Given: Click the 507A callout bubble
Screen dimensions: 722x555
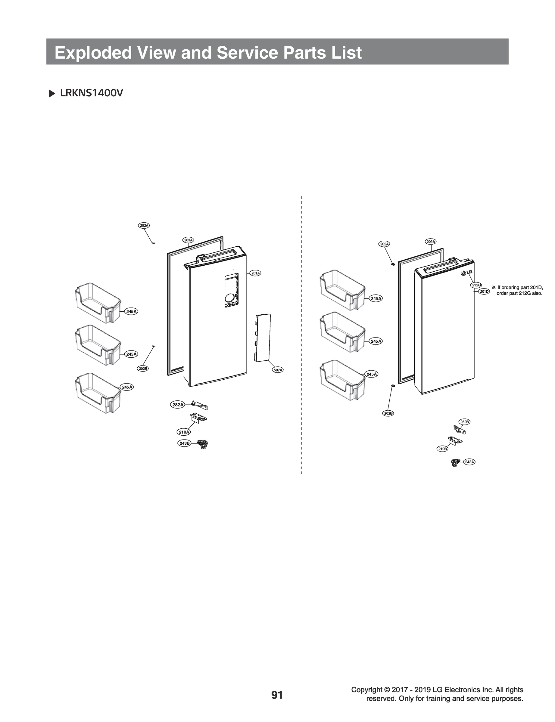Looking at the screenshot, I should coord(278,370).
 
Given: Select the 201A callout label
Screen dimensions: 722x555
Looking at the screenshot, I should coord(256,273).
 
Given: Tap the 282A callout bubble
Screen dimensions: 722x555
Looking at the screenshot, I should coord(178,405).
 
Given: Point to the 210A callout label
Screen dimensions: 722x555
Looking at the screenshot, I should coord(184,432).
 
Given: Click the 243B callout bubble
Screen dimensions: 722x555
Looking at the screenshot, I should coord(184,443).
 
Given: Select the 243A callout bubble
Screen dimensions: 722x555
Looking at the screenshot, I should coord(469,462).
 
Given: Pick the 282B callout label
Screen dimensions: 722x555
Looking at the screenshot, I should coord(464,422).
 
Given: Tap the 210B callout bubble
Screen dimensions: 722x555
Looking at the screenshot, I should coord(442,449).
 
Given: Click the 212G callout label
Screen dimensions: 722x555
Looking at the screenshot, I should coord(476,285).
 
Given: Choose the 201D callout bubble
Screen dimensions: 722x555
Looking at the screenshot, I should coord(484,292).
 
